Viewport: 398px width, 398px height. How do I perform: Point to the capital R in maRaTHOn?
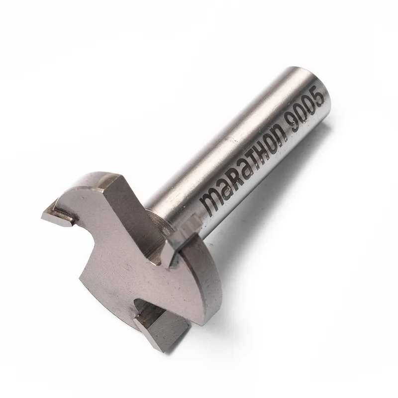click(233, 185)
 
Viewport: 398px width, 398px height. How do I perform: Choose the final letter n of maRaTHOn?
click(281, 134)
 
